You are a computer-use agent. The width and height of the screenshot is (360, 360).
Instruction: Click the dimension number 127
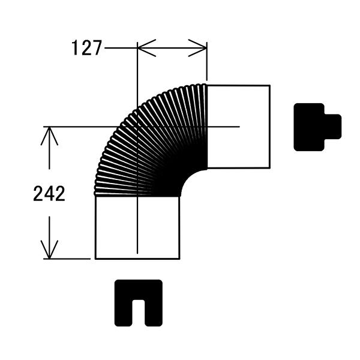(86, 48)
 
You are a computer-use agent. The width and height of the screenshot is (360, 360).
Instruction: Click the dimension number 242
(49, 194)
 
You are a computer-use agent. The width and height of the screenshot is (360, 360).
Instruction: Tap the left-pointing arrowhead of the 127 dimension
(146, 48)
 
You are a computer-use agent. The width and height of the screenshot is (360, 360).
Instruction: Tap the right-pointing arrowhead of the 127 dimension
(197, 48)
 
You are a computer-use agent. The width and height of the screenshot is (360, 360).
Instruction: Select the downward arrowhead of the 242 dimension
(49, 250)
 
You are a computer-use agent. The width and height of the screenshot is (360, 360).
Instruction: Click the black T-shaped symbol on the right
(317, 127)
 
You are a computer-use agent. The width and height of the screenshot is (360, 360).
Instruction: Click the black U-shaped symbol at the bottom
(139, 303)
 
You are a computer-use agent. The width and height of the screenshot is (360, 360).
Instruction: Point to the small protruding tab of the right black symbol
(333, 127)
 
